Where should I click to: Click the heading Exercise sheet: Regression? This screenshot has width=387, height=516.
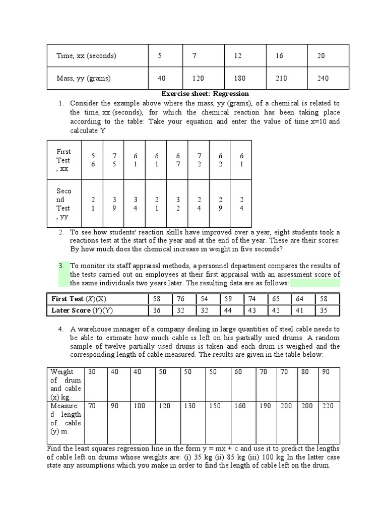pos(205,94)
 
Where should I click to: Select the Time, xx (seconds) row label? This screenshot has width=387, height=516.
pos(86,56)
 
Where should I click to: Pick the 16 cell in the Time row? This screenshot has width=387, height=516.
pos(279,56)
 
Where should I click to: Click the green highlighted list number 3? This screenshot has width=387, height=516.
pos(61,266)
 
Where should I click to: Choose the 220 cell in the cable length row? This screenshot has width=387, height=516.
pos(328,406)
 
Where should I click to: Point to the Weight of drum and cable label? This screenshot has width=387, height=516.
pos(66,384)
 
